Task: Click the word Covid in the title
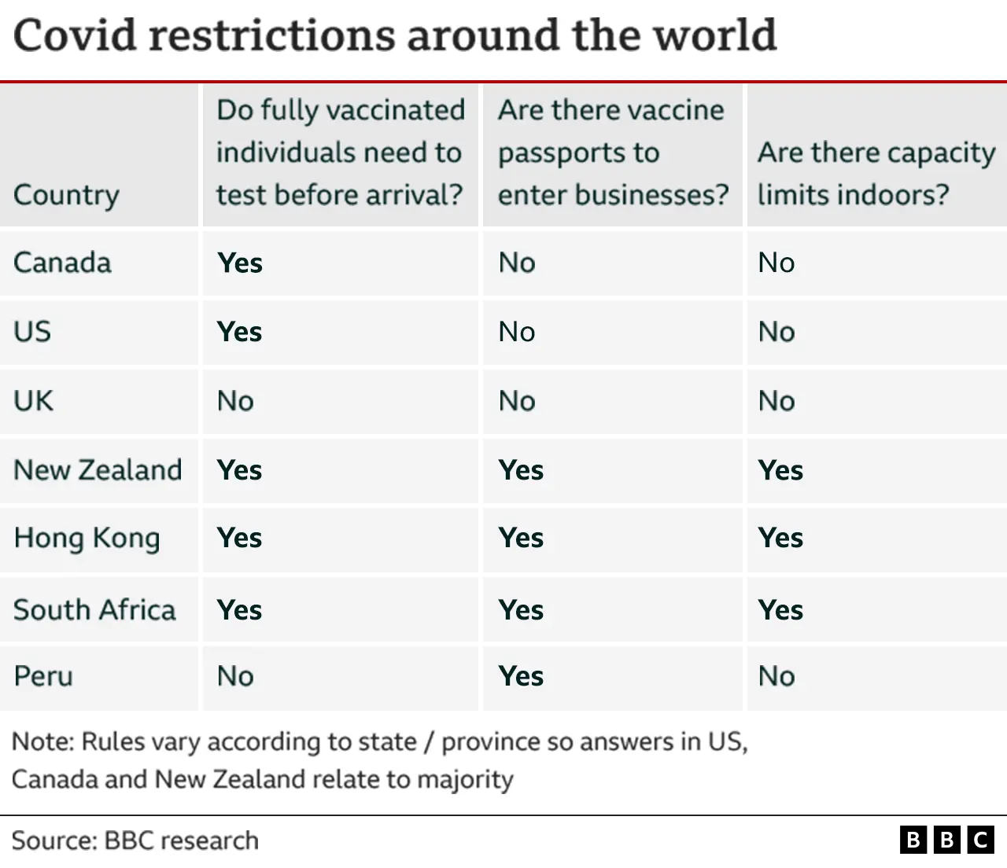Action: (x=74, y=35)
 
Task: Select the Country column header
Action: (x=67, y=194)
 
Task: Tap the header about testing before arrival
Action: (x=340, y=153)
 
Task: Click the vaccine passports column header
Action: (x=612, y=153)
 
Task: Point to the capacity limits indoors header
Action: (x=876, y=173)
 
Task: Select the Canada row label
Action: (x=62, y=263)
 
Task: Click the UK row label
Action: (x=33, y=401)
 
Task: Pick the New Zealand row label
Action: (x=98, y=470)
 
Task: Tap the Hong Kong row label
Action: (x=87, y=539)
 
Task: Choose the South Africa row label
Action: (x=94, y=610)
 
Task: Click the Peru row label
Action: (x=43, y=676)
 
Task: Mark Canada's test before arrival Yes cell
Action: (x=240, y=263)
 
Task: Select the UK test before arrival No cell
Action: (x=235, y=401)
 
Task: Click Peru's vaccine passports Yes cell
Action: (x=521, y=676)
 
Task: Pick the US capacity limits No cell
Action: (x=776, y=332)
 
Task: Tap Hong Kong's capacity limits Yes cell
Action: (x=780, y=539)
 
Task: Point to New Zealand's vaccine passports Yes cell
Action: (x=521, y=470)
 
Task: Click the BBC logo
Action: (x=946, y=840)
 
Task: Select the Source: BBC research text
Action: (x=135, y=840)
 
